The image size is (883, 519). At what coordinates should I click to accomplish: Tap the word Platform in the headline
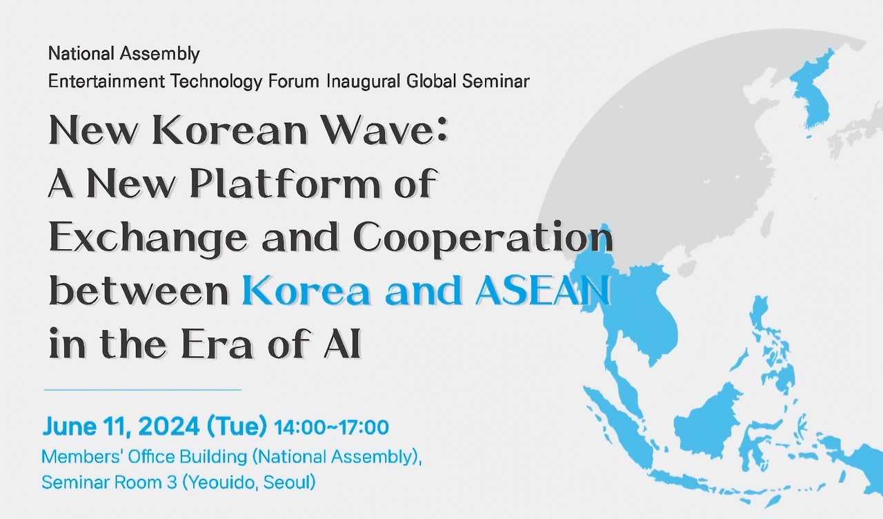(285, 183)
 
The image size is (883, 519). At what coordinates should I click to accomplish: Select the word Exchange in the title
(148, 238)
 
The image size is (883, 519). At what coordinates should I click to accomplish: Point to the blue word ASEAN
(543, 291)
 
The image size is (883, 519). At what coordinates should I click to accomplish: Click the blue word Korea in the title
(306, 291)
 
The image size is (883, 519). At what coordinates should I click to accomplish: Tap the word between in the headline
(139, 291)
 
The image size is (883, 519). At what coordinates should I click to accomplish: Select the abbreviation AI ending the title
(342, 344)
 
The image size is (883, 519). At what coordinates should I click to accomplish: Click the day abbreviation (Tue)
(237, 427)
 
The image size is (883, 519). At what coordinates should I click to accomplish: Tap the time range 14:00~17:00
(331, 427)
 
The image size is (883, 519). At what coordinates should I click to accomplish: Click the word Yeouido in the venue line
(221, 482)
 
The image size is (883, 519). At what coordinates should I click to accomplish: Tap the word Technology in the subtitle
(216, 82)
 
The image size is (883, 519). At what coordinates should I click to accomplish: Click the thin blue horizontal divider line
(143, 390)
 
